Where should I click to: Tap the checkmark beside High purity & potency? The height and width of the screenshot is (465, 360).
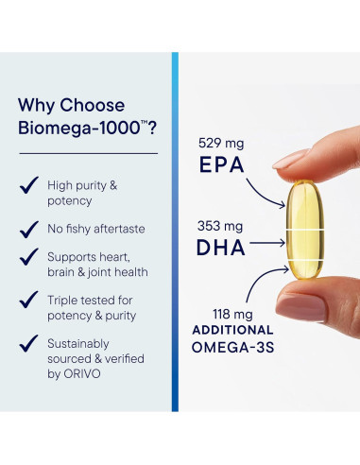point(29,185)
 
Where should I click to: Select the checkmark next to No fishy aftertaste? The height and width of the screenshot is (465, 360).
point(29,228)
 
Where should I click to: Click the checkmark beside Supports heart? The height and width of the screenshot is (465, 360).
point(29,257)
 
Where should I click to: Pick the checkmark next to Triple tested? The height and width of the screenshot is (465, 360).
point(29,301)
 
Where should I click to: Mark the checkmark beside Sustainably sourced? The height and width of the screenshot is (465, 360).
point(29,344)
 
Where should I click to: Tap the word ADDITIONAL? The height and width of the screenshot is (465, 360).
point(233,330)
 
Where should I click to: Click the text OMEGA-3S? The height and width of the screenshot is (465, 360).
point(233,349)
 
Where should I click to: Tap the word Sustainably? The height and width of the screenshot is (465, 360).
point(80,344)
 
